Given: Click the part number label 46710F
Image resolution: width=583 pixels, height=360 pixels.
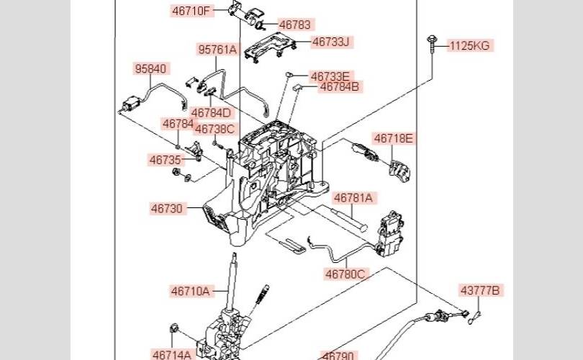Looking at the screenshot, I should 191,11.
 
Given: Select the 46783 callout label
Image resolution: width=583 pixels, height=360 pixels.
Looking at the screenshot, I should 295,24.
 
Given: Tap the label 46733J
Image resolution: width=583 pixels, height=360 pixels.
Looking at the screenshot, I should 330,42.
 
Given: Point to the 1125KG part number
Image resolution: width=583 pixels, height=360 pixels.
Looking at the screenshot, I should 469,46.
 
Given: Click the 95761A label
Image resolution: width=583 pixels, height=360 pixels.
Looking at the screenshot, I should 217,50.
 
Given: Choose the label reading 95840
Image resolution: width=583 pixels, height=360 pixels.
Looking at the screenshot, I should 150,69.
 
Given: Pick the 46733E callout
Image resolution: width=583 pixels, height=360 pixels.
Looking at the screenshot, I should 330,76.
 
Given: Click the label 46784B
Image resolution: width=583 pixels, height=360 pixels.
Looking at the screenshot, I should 340,87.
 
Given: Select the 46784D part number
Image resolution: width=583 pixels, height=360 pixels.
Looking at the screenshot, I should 212,112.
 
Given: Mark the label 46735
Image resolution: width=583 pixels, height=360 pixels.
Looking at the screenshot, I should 165,160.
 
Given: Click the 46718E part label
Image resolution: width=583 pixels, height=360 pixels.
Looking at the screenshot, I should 394,138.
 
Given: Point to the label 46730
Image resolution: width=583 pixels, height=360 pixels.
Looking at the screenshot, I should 167,209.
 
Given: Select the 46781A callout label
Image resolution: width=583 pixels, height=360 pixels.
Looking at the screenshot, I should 353,197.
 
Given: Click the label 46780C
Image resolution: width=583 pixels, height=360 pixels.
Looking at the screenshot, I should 345,274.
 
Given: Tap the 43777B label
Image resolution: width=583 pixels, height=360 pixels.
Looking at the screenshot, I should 481,291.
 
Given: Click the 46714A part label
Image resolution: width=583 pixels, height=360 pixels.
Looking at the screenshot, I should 172,354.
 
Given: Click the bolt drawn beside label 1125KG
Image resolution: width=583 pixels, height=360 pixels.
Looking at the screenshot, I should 432,44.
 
